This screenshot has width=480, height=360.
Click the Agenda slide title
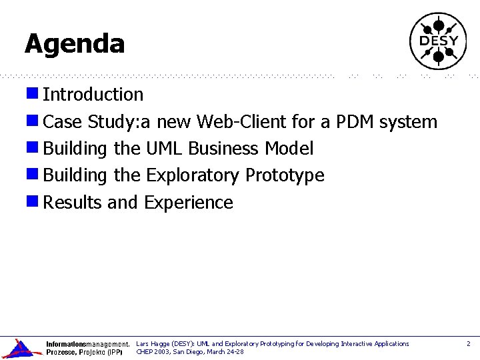coord(75,44)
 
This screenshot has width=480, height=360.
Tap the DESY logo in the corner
coord(438,41)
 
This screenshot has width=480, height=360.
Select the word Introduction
coord(93,95)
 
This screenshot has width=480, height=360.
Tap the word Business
coord(224,149)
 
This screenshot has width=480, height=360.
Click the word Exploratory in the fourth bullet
coord(193,175)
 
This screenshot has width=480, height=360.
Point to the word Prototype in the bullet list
coord(285,175)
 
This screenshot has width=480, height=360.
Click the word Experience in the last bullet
coord(189,203)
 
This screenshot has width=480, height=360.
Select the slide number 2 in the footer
coord(468,344)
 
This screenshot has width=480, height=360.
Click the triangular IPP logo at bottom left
coord(20,348)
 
